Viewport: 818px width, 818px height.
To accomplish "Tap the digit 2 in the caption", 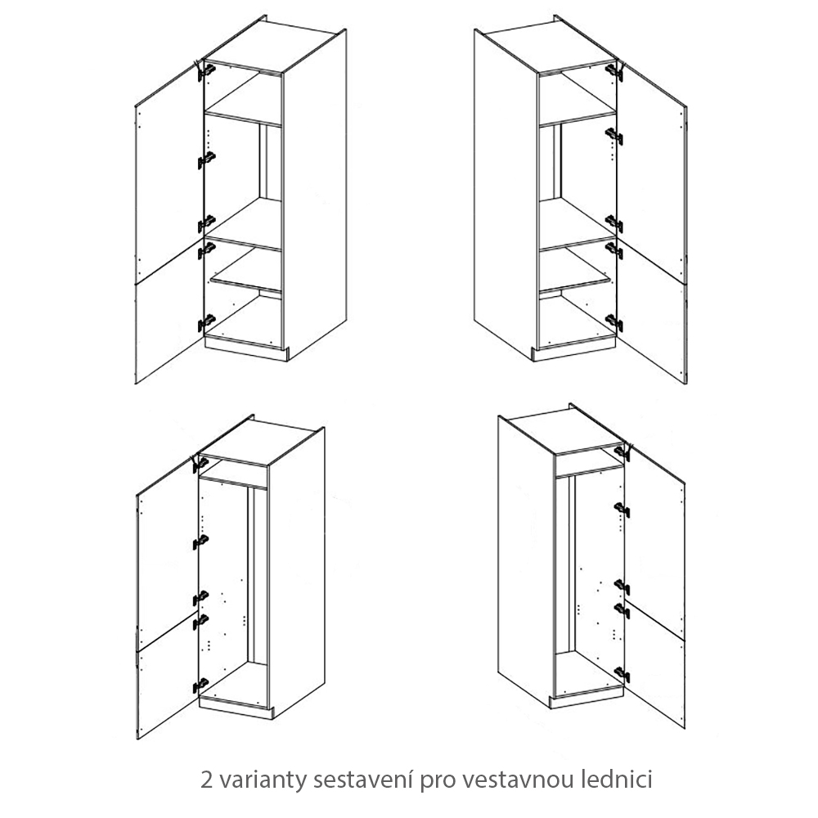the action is click(x=207, y=780).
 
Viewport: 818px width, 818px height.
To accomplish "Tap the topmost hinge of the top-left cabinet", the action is click(x=207, y=70).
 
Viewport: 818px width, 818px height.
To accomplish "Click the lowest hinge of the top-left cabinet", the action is click(x=207, y=323).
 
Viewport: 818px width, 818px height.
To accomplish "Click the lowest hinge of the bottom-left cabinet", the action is click(x=200, y=684).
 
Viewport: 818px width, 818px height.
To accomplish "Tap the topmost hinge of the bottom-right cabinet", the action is click(x=622, y=451).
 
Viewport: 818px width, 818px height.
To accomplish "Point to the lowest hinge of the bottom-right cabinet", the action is click(x=622, y=675).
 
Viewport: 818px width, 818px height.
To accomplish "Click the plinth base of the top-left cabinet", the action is click(x=246, y=348).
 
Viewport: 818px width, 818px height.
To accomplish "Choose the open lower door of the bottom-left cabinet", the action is click(x=167, y=678).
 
